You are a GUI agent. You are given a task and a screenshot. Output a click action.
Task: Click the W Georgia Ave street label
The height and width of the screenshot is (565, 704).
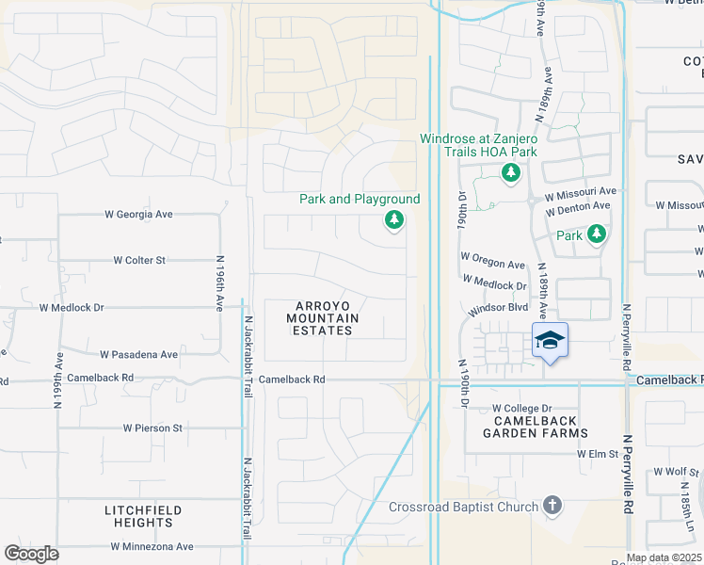tap(138, 215)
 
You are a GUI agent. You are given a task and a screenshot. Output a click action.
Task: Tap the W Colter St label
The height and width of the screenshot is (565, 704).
tap(139, 260)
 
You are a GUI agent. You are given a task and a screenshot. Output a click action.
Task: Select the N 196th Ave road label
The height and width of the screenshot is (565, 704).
tap(219, 283)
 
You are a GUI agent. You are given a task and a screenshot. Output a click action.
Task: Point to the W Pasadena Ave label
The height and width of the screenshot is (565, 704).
tap(138, 355)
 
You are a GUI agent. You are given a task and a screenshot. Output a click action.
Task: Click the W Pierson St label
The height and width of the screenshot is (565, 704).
tap(152, 428)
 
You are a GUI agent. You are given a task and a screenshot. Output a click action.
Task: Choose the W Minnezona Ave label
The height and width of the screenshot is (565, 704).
tap(152, 546)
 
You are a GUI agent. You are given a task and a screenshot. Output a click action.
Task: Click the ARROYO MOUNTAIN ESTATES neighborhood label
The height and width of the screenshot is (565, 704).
tap(323, 318)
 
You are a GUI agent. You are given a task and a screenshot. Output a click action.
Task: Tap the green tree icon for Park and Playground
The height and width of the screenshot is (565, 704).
tap(393, 221)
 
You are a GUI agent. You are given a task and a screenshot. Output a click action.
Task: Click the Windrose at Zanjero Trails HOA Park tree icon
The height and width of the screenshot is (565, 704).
tap(510, 172)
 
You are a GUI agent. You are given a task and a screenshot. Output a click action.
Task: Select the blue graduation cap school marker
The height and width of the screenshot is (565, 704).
tap(551, 340)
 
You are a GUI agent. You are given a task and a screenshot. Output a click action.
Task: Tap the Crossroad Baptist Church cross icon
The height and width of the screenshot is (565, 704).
tap(552, 507)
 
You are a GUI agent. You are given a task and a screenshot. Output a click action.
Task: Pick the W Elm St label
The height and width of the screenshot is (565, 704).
tap(598, 453)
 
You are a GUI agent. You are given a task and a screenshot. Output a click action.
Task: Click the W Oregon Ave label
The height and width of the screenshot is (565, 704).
tap(492, 265)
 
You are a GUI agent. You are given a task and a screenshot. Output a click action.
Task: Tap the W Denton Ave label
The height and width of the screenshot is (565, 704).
tap(581, 202)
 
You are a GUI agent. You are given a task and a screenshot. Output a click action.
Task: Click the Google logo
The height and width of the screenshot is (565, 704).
tap(32, 554)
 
